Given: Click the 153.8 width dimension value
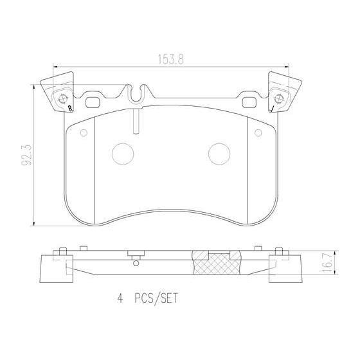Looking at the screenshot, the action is click(x=171, y=59).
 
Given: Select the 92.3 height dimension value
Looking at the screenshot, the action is click(x=26, y=156).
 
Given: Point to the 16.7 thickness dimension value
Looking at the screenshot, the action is click(x=327, y=262).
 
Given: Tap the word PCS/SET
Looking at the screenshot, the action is click(x=156, y=299).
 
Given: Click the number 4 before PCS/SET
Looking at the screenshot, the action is click(x=120, y=299).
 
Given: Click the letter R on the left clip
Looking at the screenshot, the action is click(x=70, y=109).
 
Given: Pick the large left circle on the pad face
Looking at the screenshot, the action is click(x=123, y=154).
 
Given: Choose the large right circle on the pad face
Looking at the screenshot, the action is click(x=219, y=154).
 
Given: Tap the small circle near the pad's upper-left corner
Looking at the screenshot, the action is click(x=84, y=132).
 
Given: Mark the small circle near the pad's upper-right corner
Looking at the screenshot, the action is click(x=258, y=132).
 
